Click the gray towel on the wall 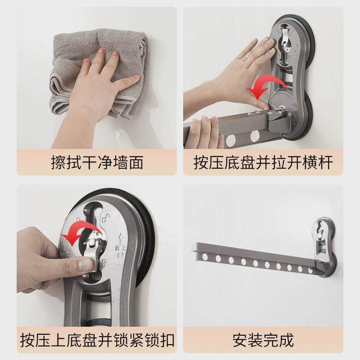point(99,73)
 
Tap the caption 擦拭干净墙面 point(97,162)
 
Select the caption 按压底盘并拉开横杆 point(263,162)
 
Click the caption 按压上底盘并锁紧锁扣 point(97,340)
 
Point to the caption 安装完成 point(263,340)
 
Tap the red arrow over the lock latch point(82,232)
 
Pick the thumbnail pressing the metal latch point(86,265)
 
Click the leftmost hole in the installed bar point(205,256)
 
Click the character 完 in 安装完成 point(271,340)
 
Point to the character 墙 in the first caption point(120,162)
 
